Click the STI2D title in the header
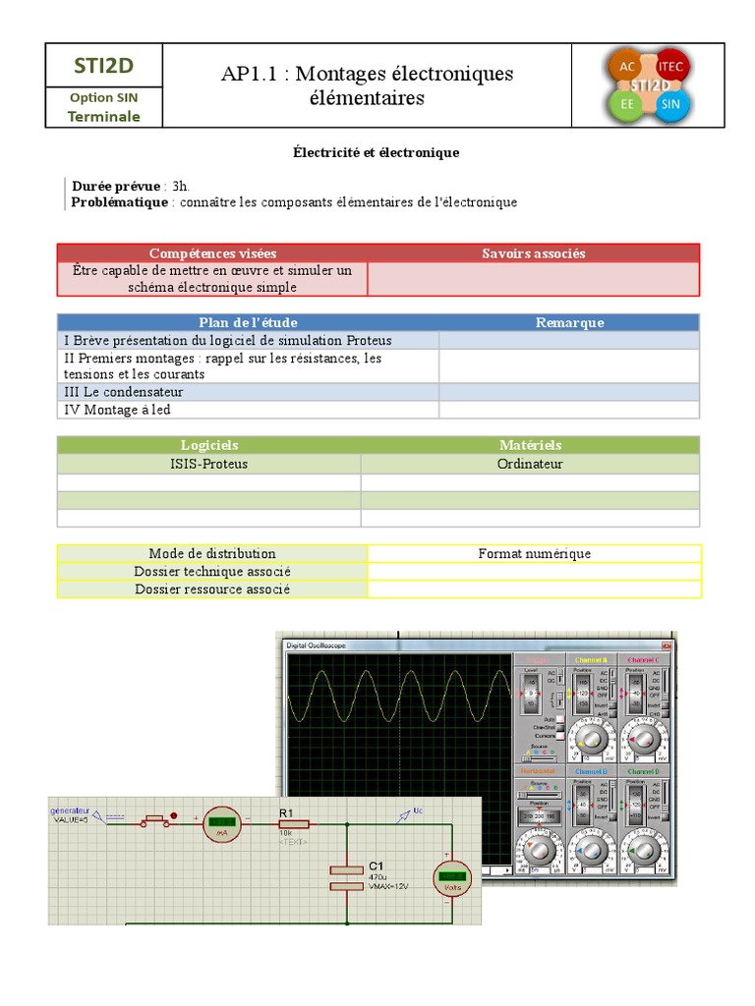103,66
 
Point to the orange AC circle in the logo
626,67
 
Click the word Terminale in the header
103,116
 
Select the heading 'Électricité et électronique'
377,153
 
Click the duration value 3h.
181,186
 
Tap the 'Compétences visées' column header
212,253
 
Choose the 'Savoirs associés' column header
533,253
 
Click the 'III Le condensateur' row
124,392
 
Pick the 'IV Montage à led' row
117,410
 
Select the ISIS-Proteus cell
208,464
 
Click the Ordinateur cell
530,464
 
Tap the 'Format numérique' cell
534,554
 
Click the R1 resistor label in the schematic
286,812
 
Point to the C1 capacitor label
377,866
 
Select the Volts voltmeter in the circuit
452,877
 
